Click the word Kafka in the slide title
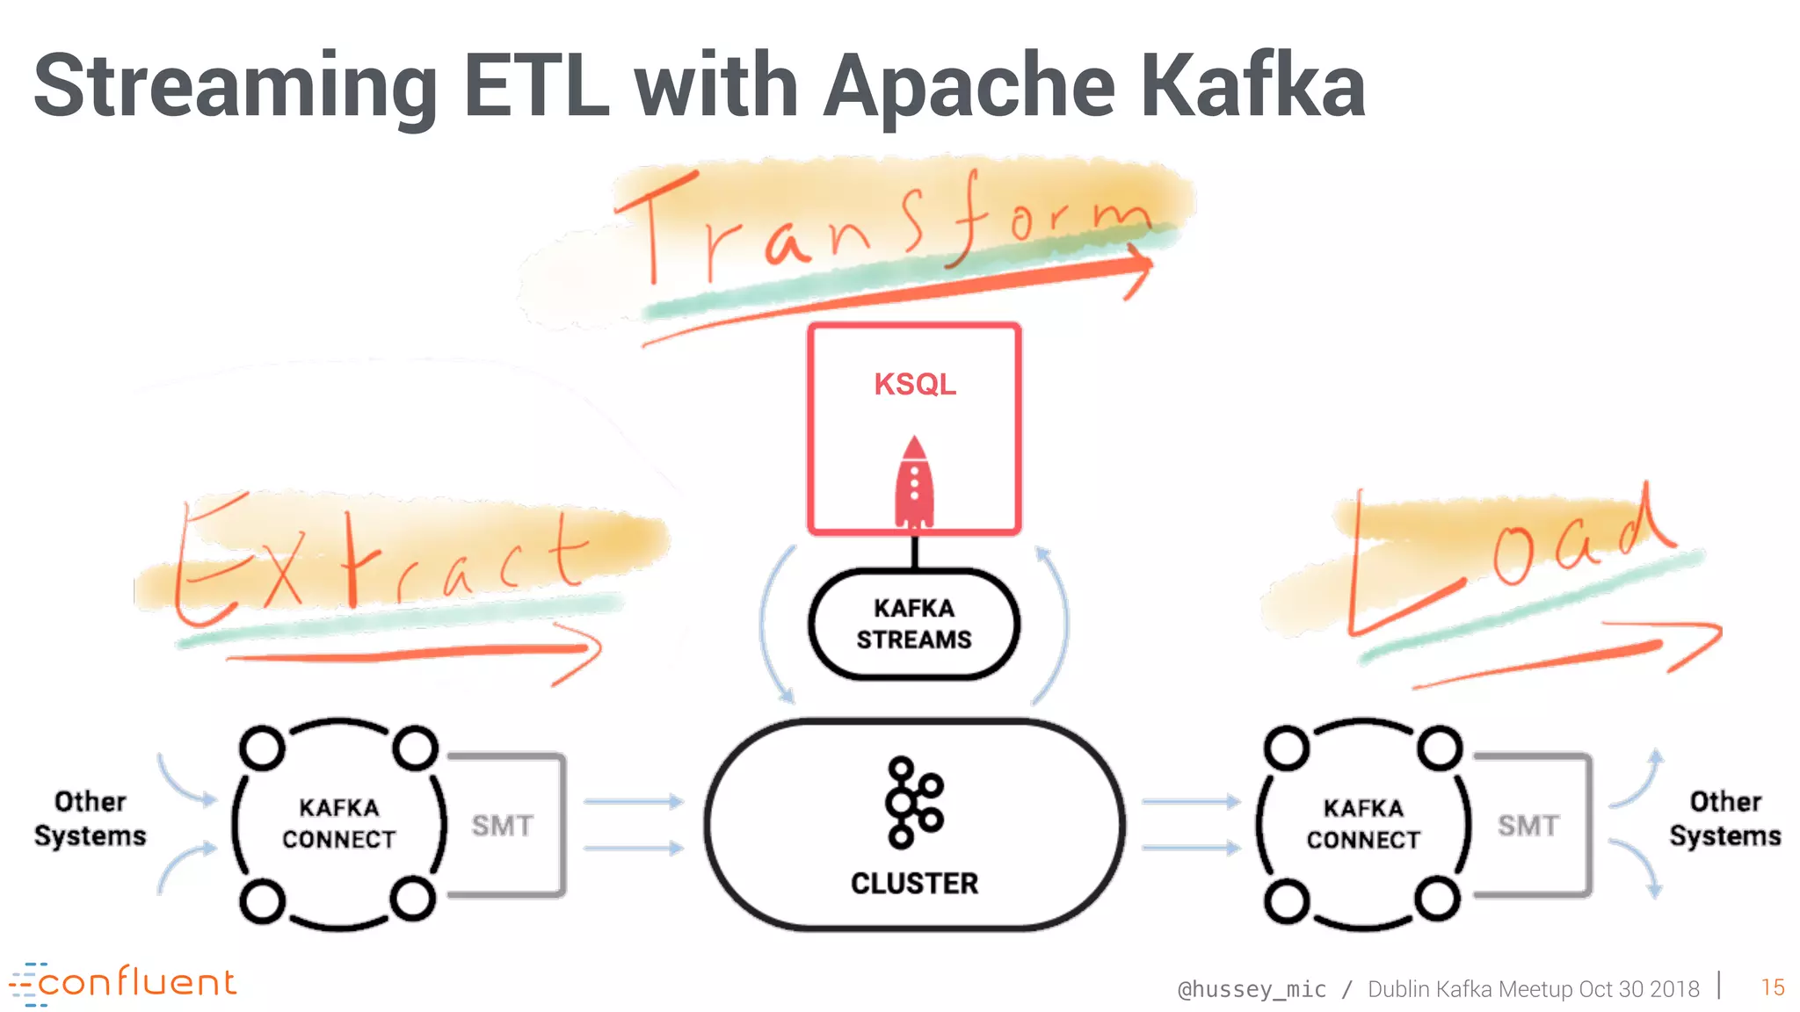(x=1252, y=86)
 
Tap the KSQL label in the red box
(x=914, y=384)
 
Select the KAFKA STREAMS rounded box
(x=914, y=624)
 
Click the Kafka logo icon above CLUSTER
(x=913, y=802)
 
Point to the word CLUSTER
(x=914, y=883)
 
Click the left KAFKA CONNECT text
(x=338, y=823)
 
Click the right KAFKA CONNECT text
(x=1362, y=823)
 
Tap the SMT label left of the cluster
(x=502, y=826)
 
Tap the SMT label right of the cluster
(x=1528, y=826)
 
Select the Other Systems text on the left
(x=90, y=818)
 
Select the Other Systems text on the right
(x=1724, y=818)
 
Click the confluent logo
(x=123, y=983)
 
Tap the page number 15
(x=1772, y=987)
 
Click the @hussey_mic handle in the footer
(x=1252, y=989)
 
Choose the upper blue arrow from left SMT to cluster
(x=633, y=801)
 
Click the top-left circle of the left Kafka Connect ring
(x=262, y=748)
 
